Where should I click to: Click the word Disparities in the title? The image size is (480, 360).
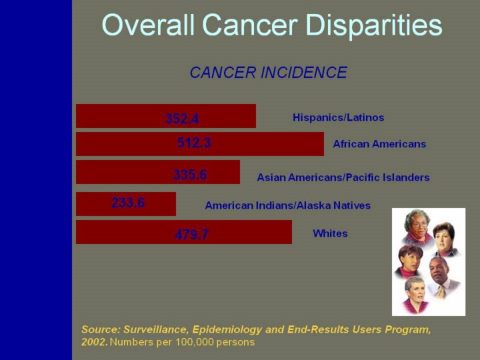pyautogui.click(x=373, y=25)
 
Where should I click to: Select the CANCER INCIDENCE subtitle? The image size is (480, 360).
pyautogui.click(x=268, y=73)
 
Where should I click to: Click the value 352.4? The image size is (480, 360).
pyautogui.click(x=182, y=119)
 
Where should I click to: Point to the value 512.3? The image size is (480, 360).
pyautogui.click(x=194, y=143)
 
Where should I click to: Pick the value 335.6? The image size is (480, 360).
pyautogui.click(x=190, y=175)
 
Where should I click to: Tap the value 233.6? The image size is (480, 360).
pyautogui.click(x=128, y=203)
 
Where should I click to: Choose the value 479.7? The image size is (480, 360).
pyautogui.click(x=191, y=234)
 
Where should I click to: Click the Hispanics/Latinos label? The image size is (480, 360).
pyautogui.click(x=338, y=117)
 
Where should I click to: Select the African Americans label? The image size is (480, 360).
pyautogui.click(x=379, y=143)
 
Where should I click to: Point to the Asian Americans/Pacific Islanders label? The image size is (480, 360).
pyautogui.click(x=343, y=177)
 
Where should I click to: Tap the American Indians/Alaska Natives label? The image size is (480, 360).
pyautogui.click(x=287, y=205)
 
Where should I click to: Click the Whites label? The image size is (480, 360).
pyautogui.click(x=330, y=233)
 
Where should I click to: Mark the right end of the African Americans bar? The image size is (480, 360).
pyautogui.click(x=323, y=143)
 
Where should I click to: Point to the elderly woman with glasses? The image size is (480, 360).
pyautogui.click(x=417, y=227)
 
